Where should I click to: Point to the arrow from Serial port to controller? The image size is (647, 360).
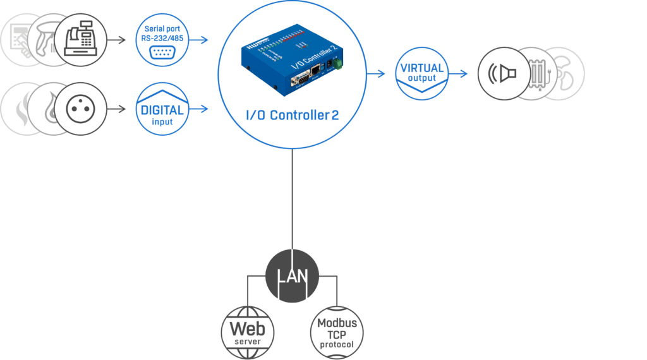click(199, 40)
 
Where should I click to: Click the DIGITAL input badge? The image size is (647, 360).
click(162, 109)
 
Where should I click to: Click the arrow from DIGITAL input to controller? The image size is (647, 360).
click(199, 109)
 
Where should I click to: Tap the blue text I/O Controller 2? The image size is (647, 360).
click(292, 116)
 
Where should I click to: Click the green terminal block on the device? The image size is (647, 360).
click(339, 64)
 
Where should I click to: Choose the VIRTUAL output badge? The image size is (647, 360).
click(421, 73)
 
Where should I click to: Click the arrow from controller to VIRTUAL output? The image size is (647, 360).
click(377, 73)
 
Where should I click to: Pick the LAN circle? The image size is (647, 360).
click(293, 276)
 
